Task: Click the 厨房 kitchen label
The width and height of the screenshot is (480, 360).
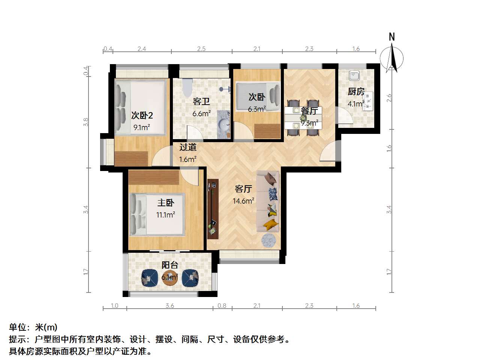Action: click(x=356, y=91)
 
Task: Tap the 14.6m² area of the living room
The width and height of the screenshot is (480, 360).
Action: click(x=243, y=201)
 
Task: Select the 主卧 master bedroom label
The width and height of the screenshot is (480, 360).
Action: click(x=166, y=202)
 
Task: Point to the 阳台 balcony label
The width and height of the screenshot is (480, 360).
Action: click(x=170, y=265)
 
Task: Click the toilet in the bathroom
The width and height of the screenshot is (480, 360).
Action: click(x=187, y=88)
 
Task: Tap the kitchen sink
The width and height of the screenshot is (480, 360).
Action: click(x=354, y=76)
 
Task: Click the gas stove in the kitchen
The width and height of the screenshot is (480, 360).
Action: click(x=368, y=101)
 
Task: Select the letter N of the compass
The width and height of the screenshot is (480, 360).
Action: click(x=391, y=37)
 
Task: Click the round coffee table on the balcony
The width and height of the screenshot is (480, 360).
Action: click(x=170, y=278)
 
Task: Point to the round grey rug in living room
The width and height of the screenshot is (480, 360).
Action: click(x=268, y=240)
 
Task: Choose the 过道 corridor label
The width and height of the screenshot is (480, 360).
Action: click(x=187, y=147)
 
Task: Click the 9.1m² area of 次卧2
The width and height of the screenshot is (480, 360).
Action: click(x=142, y=127)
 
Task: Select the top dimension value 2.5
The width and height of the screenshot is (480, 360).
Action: click(x=201, y=49)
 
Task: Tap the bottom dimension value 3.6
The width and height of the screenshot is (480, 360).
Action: click(x=170, y=306)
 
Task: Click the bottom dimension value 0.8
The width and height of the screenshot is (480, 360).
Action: click(x=222, y=306)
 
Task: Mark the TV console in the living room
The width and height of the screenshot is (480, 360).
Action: click(x=213, y=209)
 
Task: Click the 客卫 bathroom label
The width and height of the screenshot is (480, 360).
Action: click(x=201, y=101)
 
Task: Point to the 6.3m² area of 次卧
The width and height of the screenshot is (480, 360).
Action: click(x=257, y=109)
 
